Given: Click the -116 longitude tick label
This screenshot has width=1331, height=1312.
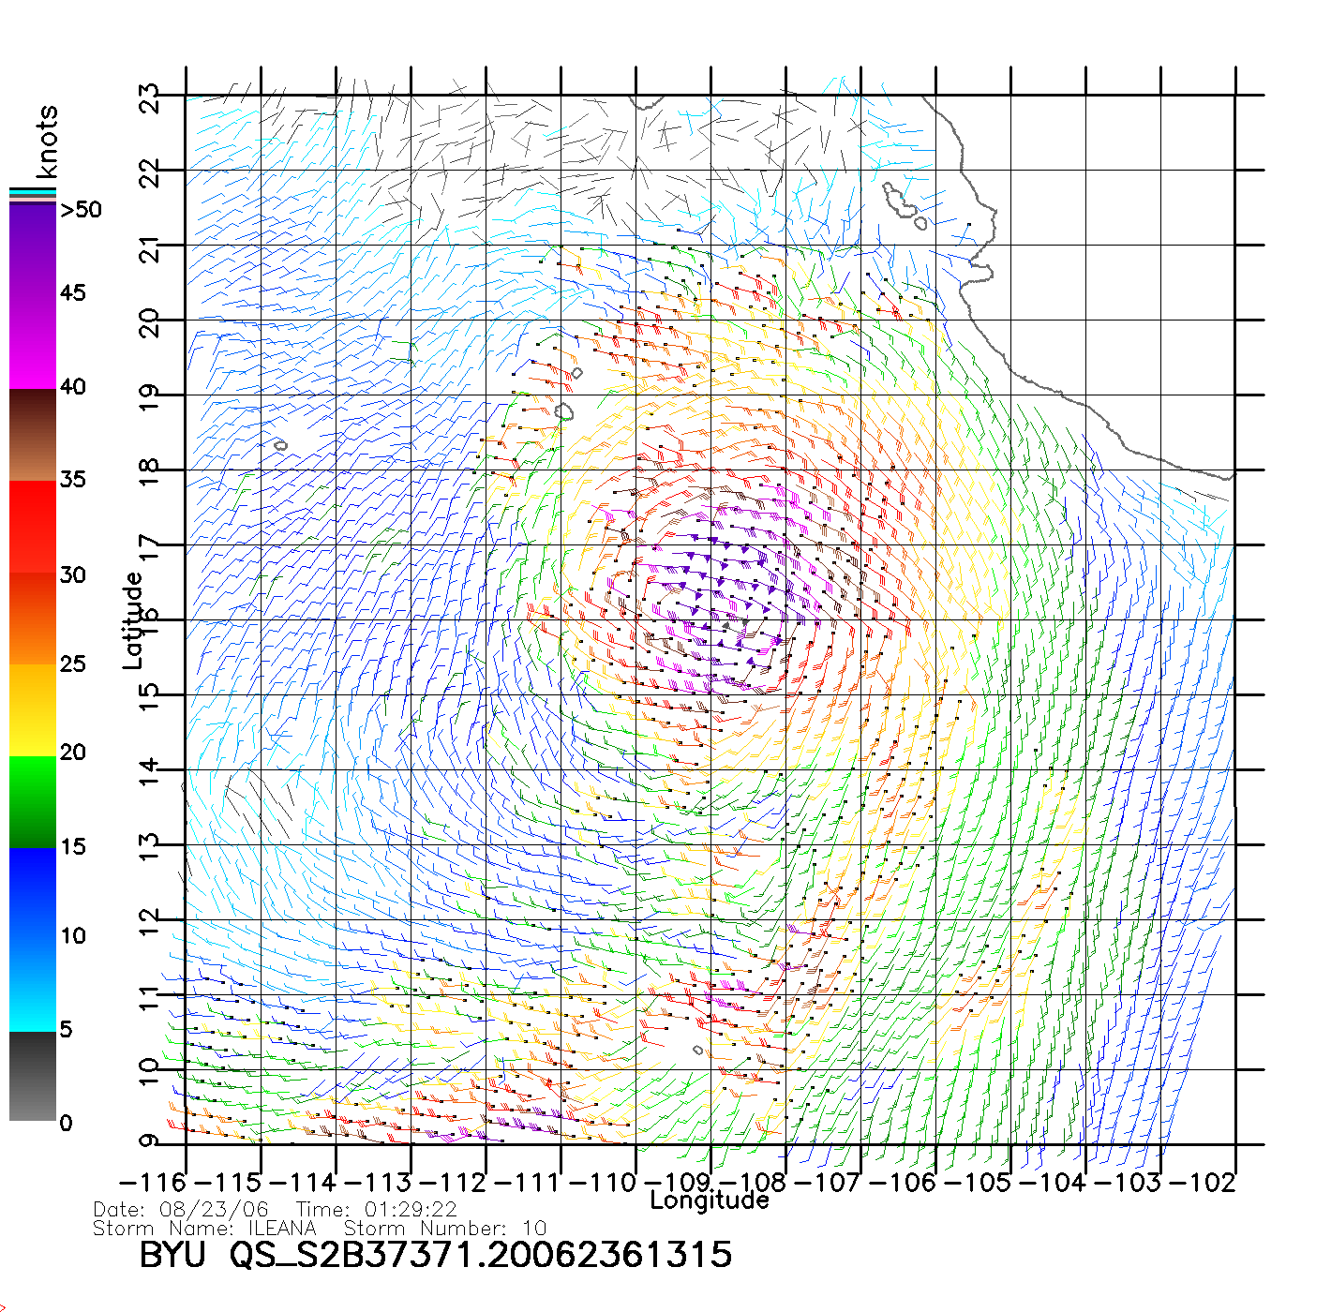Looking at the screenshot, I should pos(152,1183).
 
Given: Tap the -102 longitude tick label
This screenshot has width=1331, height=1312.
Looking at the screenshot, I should pos(1204,1183).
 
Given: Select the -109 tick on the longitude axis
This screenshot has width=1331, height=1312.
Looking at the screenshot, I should pos(678,1183).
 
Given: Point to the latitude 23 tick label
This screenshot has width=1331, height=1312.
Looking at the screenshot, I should pos(149,97).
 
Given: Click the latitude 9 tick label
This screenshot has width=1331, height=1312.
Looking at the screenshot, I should pos(149,1141).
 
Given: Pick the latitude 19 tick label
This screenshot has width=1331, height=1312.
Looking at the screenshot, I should pos(149,396).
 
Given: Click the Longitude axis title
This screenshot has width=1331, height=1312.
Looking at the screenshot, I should pos(710,1200).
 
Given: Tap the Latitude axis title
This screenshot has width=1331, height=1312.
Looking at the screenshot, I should pos(133,619).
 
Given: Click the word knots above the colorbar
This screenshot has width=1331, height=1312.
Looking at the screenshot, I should pos(47,142).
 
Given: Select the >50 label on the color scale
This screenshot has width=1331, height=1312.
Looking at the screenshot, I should pos(81,210).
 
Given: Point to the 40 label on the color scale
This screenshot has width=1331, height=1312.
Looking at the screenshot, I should pos(73,386).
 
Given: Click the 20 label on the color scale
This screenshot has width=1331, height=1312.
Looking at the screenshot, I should pos(73,752).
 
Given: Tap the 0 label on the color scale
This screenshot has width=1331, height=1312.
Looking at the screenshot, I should pos(66,1123).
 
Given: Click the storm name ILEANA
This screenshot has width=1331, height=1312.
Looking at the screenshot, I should pos(281,1228).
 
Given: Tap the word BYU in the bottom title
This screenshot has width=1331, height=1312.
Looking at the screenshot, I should pos(172,1255).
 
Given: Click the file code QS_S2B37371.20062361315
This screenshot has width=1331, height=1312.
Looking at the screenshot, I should pos(481,1255).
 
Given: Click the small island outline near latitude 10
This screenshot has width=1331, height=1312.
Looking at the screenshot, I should pos(697,1051).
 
